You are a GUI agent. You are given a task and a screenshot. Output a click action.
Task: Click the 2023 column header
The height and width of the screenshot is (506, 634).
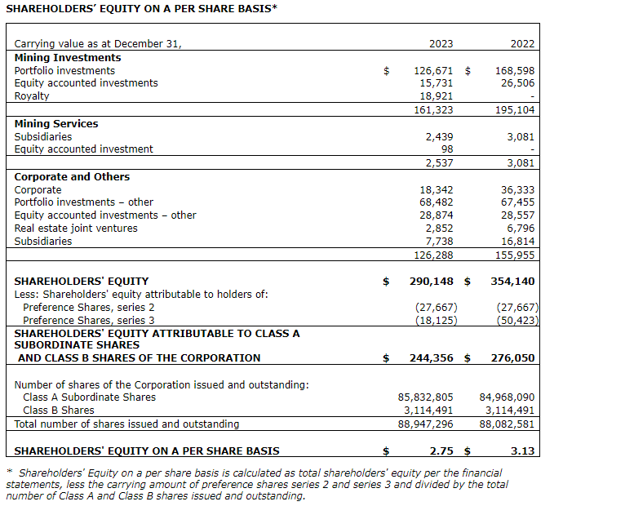[x=441, y=43]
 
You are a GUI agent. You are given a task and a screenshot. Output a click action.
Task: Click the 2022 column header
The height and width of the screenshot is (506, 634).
[x=522, y=43]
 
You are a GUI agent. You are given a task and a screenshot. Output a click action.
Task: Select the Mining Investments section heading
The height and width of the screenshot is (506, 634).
[x=68, y=58]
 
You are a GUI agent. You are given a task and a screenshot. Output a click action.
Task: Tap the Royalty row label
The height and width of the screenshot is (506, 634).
[x=32, y=95]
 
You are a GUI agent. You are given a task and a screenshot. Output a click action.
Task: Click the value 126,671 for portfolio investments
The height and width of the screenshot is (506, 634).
[x=434, y=71]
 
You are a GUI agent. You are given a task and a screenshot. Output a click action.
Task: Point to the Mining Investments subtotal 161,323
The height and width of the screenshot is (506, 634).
[x=434, y=109]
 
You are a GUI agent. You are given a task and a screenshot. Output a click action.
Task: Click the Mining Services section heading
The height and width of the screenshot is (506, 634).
[x=56, y=124]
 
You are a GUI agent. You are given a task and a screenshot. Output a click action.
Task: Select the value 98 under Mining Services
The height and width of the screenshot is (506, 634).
[x=446, y=149]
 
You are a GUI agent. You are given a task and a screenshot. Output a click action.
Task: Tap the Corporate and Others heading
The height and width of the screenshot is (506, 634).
[x=72, y=177]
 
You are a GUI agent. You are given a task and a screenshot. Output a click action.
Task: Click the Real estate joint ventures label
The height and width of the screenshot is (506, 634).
[x=76, y=229]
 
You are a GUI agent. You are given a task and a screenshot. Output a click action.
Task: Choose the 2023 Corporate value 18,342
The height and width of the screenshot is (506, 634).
[x=437, y=190]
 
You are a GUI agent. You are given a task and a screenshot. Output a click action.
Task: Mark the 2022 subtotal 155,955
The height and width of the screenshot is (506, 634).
[x=515, y=255]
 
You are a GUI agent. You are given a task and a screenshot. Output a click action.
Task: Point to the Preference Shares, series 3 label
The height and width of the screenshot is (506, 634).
[x=88, y=321]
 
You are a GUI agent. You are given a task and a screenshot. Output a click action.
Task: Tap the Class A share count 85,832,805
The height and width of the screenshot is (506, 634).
[x=425, y=397]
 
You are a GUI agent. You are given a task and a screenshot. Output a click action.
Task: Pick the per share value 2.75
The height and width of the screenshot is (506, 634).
[x=441, y=451]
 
